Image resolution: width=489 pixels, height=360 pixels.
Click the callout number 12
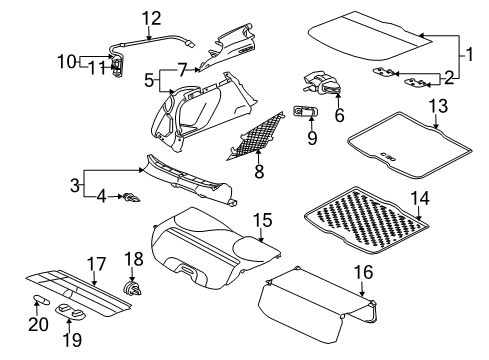pyautogui.click(x=151, y=17)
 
